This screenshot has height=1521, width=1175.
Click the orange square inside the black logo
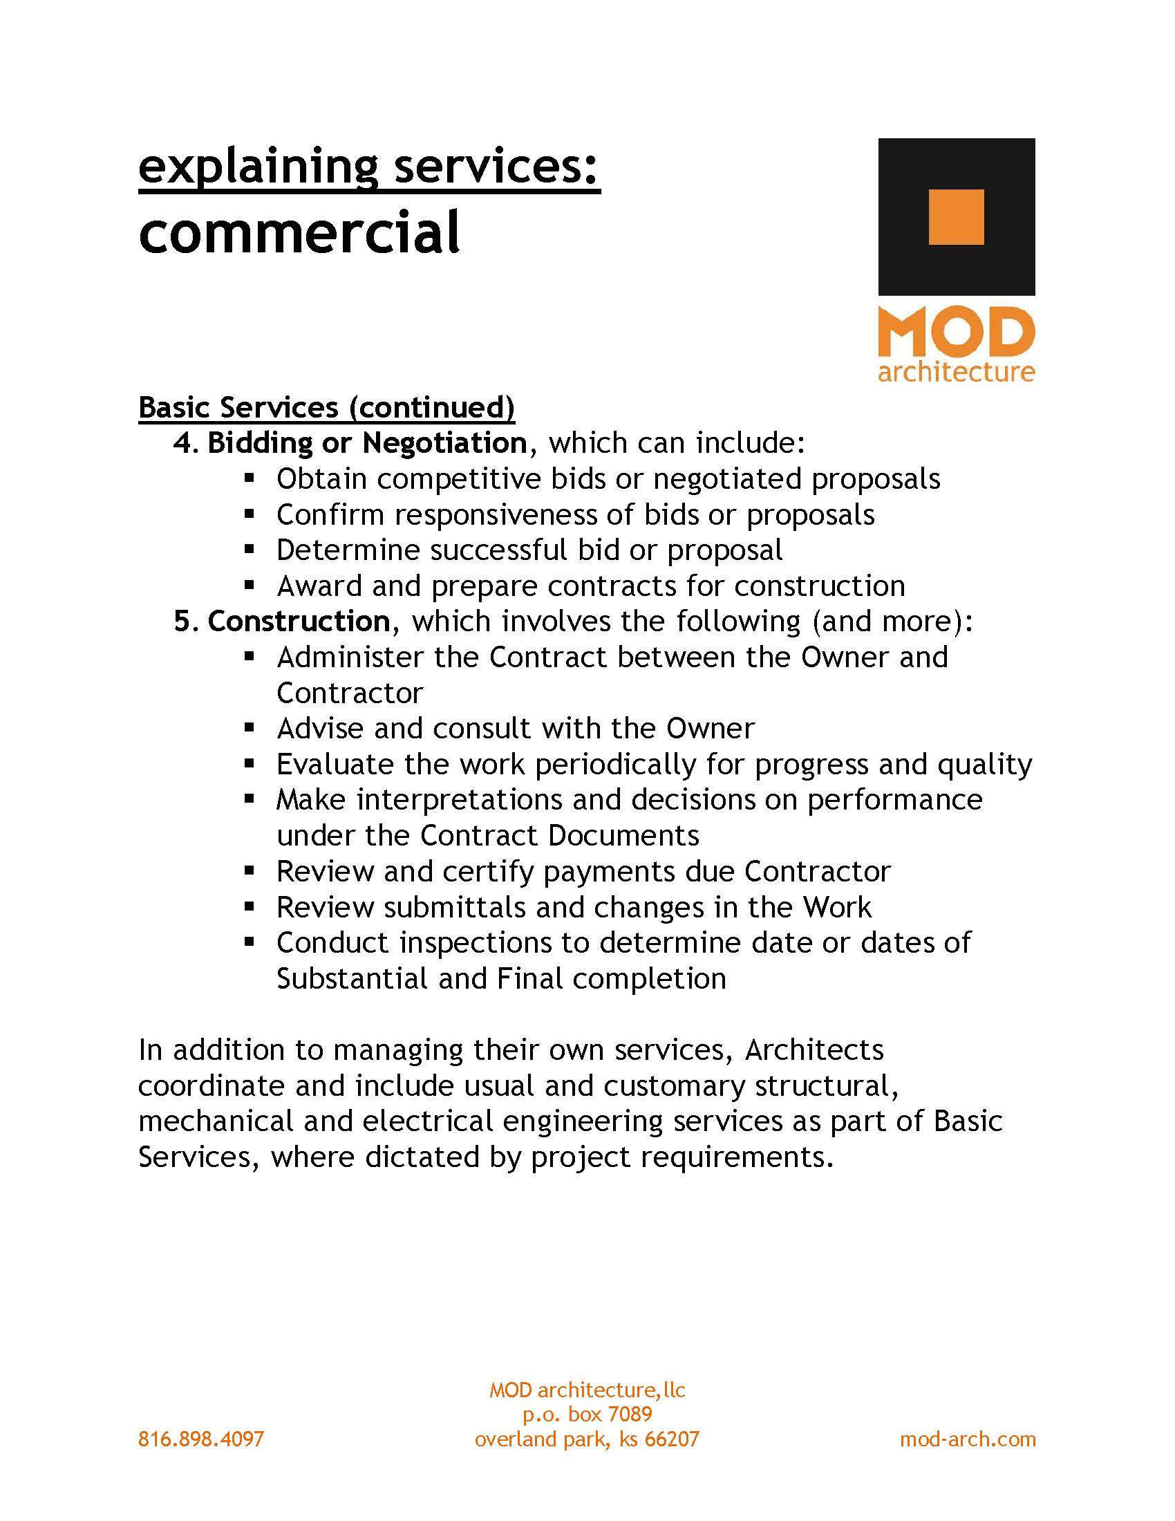[956, 217]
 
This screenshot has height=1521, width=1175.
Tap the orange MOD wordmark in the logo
[956, 333]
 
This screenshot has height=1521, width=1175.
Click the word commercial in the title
[299, 232]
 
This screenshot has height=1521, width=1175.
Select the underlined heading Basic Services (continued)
[326, 407]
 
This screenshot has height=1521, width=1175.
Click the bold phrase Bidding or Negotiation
[367, 443]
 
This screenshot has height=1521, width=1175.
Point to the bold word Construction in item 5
[299, 622]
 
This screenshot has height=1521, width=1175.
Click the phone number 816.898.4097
[201, 1439]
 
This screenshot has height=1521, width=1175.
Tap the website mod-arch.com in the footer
[967, 1439]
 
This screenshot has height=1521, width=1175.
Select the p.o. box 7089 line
[587, 1414]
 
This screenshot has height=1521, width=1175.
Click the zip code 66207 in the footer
[672, 1439]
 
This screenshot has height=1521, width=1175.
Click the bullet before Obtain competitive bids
[250, 478]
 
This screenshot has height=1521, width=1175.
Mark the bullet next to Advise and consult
[250, 729]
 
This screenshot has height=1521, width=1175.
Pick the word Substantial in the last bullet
[352, 978]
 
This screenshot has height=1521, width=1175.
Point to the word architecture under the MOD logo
[956, 371]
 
